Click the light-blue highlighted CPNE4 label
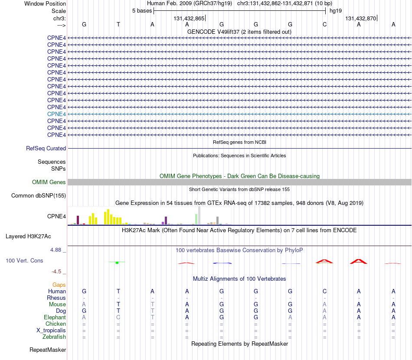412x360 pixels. [56, 114]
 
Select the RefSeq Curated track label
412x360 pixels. [46, 148]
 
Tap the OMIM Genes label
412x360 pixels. [49, 182]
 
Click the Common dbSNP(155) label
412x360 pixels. [39, 195]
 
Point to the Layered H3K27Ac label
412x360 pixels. [28, 237]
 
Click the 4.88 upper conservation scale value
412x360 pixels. [56, 250]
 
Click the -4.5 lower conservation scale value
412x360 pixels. [56, 271]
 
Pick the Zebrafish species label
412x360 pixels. [54, 337]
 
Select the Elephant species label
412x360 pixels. [55, 317]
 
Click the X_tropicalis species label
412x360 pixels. [51, 331]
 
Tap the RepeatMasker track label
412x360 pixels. [48, 350]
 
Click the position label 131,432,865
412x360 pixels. [189, 18]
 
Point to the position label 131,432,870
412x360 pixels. [361, 18]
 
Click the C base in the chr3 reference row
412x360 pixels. [325, 24]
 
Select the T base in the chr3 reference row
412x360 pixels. [118, 24]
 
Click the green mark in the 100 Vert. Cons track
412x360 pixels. [117, 263]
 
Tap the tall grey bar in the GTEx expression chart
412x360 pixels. [199, 215]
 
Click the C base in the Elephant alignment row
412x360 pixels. [118, 317]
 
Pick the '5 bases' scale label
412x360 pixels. [142, 11]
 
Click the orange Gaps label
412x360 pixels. [59, 285]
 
